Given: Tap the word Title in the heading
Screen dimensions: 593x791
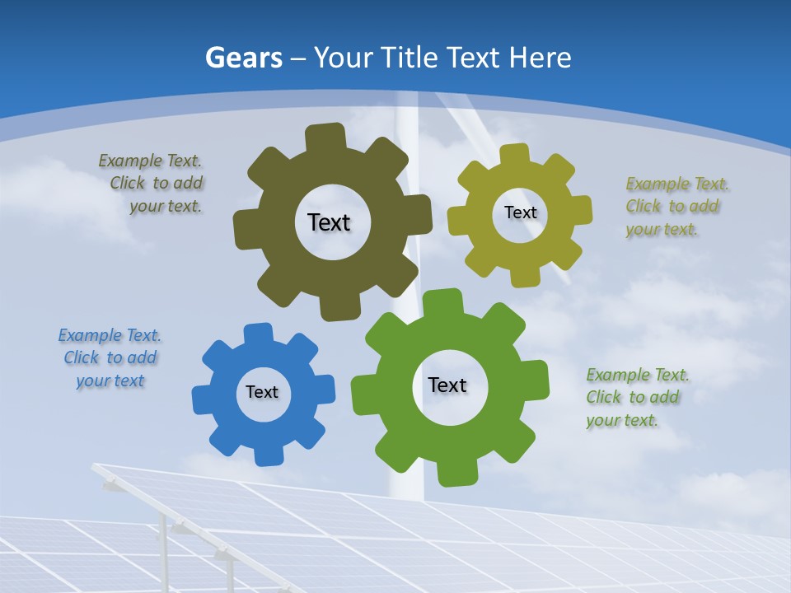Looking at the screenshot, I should point(410,58).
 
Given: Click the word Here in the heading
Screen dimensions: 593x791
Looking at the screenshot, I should point(540,58).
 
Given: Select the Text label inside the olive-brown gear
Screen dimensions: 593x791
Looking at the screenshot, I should point(329,222).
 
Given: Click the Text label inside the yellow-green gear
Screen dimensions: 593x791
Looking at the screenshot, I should point(520,212).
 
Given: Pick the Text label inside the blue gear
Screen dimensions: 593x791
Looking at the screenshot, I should point(262,392).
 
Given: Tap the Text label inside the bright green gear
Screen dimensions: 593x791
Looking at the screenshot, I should point(447,385).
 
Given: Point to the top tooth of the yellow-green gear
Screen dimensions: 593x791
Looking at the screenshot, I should point(515,155).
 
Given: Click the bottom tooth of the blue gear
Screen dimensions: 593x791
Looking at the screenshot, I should point(269,455).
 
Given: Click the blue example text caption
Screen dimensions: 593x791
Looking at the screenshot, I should point(110,358).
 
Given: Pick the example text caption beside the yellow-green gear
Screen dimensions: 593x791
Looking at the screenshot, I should point(672,207).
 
